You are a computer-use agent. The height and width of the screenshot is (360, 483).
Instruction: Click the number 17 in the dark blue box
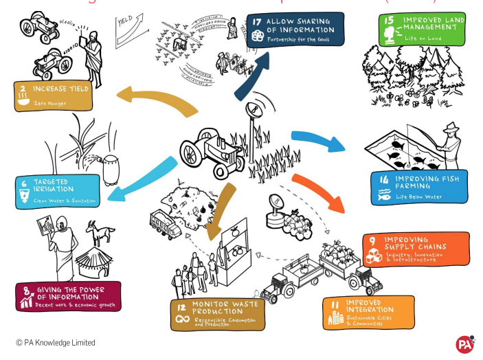256,22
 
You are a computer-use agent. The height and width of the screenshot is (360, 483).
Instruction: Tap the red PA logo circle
465,344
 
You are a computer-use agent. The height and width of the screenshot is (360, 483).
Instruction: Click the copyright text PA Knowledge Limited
55,342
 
